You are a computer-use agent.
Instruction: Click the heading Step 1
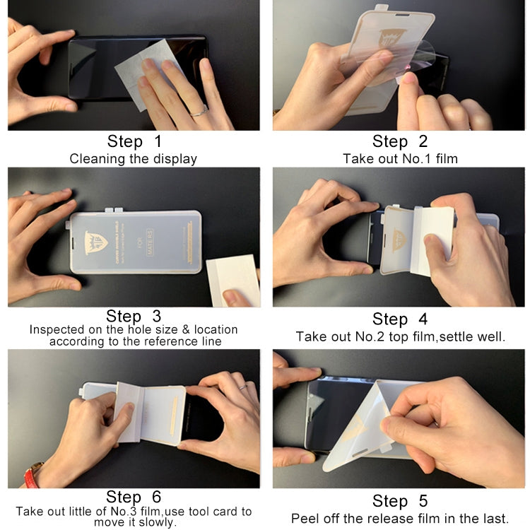coord(134,141)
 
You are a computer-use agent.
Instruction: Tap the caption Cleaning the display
coord(133,158)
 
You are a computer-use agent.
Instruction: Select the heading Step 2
coord(400,141)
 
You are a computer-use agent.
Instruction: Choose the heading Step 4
coord(400,319)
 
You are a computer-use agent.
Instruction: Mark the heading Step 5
coord(400,501)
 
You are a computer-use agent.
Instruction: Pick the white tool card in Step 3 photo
coord(233,278)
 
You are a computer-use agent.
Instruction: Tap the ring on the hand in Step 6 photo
coord(242,387)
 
